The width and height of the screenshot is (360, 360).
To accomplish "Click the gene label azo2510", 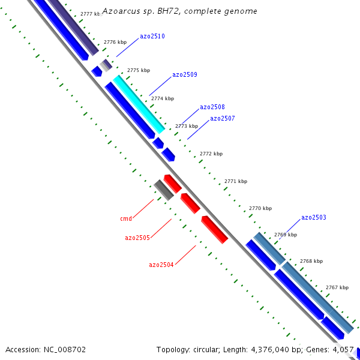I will tap(152, 37).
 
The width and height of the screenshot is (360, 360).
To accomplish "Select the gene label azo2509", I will tap(185, 75).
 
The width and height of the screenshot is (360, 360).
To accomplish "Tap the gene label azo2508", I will tap(212, 107).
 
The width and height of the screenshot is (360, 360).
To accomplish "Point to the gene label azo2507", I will tap(223, 119).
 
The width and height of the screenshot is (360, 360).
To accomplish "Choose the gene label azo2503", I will tap(314, 218).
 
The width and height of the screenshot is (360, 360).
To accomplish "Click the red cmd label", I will tap(126, 219).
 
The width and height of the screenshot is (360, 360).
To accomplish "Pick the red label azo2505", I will tap(137, 238).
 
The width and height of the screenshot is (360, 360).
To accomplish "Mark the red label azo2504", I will tap(161, 265).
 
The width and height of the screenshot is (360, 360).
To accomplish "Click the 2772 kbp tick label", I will tap(211, 154).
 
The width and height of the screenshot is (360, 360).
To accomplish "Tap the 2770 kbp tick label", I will tap(260, 209).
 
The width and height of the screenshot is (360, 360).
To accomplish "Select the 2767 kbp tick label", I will tap(337, 288).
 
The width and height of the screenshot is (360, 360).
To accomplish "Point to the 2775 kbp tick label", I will tap(139, 71).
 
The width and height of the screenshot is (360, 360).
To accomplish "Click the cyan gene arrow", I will tap(139, 104).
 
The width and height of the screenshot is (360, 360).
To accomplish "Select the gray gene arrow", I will tap(163, 190).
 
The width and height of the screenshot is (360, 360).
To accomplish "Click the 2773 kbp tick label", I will tap(187, 127).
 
